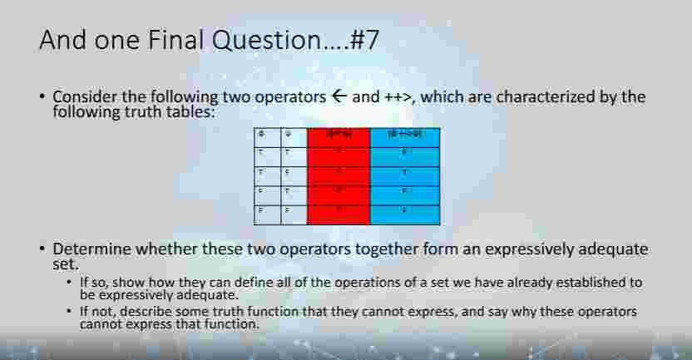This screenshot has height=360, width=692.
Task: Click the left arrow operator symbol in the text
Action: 338,96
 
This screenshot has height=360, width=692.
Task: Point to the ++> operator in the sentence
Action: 401,96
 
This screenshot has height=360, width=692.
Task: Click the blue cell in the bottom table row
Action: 404,213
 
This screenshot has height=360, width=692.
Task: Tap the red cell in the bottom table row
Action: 339,213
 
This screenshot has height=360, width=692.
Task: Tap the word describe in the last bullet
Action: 149,312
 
